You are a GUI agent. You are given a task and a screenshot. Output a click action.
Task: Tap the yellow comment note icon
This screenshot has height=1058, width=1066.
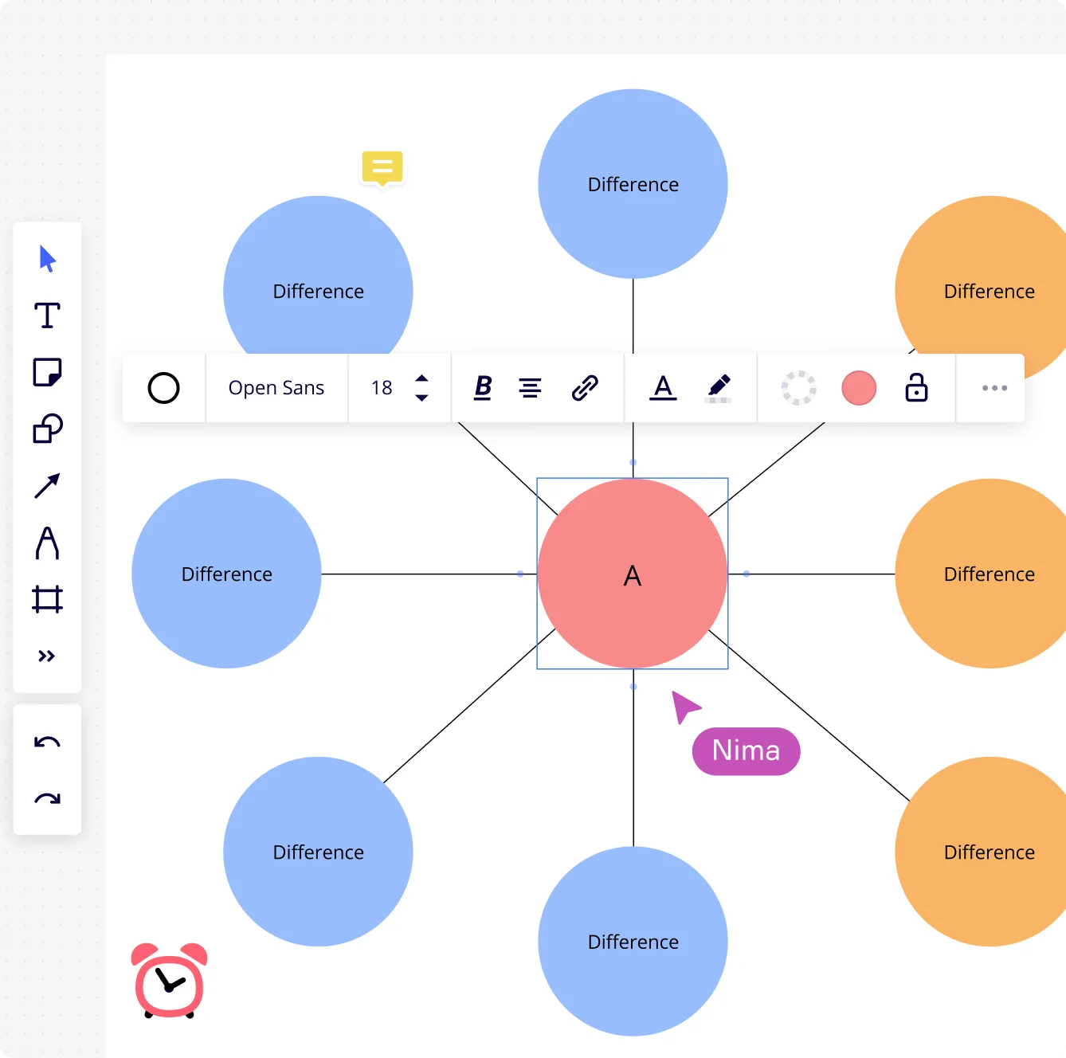(382, 167)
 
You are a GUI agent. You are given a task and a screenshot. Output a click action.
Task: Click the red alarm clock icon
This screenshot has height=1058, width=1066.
(170, 981)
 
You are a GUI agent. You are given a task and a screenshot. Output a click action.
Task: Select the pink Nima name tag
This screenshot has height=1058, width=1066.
(746, 750)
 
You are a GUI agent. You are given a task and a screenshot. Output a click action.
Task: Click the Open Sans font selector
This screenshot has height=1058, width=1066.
(276, 388)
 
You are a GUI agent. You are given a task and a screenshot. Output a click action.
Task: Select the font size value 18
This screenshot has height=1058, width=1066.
(382, 388)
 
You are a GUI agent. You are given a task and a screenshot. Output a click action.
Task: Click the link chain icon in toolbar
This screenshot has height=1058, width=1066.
(585, 388)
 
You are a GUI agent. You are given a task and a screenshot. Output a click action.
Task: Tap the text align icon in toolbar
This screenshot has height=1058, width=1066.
(530, 388)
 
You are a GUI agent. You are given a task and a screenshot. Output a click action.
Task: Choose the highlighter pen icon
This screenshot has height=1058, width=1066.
(719, 388)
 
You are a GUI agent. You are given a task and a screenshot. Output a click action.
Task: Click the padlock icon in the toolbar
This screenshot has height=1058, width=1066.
(916, 388)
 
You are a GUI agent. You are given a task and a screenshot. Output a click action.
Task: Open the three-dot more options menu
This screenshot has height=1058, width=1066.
(994, 388)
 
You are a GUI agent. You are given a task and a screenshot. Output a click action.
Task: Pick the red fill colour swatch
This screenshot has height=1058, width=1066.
(859, 388)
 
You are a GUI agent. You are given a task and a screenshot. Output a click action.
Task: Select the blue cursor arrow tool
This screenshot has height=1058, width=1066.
(47, 259)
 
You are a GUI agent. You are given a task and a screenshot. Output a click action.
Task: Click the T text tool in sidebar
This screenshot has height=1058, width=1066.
(47, 315)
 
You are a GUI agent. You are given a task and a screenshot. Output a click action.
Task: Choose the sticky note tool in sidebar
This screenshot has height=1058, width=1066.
(47, 372)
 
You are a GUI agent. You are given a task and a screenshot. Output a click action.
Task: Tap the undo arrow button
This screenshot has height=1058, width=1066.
(47, 743)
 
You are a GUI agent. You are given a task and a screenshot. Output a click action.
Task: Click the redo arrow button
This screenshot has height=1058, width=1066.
(47, 798)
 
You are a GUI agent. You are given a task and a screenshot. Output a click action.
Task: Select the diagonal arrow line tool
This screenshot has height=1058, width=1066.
(47, 485)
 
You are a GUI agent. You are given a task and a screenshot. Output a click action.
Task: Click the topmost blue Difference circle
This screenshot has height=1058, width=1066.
(633, 184)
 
